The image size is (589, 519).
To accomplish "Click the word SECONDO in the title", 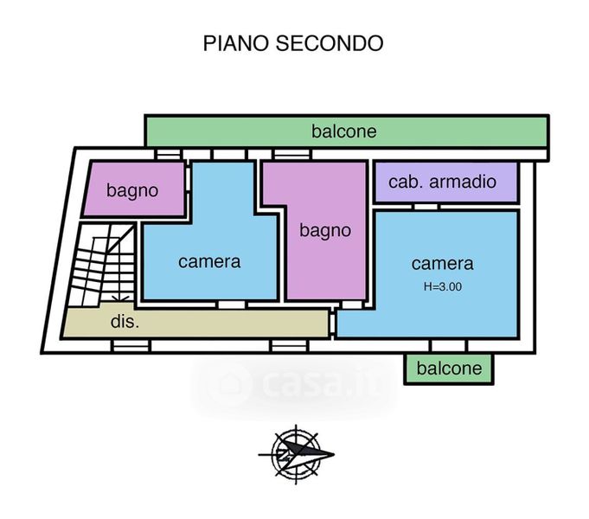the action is click(x=330, y=43).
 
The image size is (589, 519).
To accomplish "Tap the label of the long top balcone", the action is click(x=343, y=131).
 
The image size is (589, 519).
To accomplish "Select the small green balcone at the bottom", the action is click(x=449, y=369).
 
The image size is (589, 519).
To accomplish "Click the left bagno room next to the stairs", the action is click(x=134, y=189).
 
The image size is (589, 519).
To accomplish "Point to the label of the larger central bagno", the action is click(x=325, y=230).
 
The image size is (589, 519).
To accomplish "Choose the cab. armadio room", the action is click(x=446, y=182).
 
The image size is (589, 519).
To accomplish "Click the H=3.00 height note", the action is click(x=443, y=286).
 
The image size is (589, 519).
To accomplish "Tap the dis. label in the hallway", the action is click(x=125, y=322).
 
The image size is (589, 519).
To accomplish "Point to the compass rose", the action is click(x=296, y=454).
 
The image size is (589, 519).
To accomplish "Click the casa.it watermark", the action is click(x=293, y=384).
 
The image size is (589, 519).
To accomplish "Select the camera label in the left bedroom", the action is click(x=209, y=262).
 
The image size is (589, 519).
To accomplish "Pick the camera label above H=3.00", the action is click(x=443, y=264).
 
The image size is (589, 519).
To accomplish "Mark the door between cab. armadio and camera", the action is click(x=426, y=207).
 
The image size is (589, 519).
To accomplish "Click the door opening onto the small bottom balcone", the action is click(x=449, y=346).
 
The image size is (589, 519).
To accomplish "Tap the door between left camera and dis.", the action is click(x=232, y=304).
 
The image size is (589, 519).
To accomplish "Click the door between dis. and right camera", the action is click(x=332, y=323).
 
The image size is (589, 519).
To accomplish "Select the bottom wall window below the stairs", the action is click(x=131, y=346).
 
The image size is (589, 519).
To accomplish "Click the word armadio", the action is click(x=463, y=182).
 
